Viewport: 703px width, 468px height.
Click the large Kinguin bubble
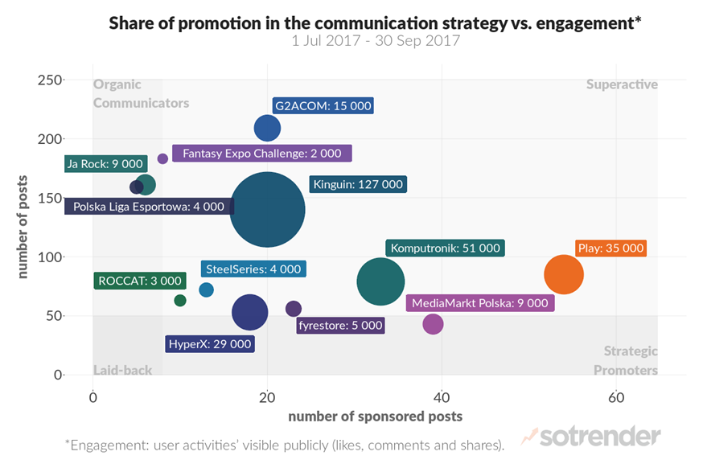[267, 210]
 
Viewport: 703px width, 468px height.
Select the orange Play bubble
[564, 274]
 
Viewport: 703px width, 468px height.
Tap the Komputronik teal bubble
[380, 281]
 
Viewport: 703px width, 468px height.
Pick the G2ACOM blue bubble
[267, 128]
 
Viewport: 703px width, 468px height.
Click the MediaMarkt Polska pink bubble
[433, 324]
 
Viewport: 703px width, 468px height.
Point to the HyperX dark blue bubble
[249, 313]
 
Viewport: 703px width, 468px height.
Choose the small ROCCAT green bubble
[180, 301]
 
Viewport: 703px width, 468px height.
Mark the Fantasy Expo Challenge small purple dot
[162, 159]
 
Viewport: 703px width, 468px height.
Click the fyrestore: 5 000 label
[340, 326]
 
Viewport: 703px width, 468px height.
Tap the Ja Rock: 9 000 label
[105, 164]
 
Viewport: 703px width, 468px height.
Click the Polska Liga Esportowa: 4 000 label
[148, 207]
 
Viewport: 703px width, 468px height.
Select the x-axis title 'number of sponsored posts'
[376, 416]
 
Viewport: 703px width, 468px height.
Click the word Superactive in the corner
[622, 84]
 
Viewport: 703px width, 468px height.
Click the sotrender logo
[591, 437]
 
